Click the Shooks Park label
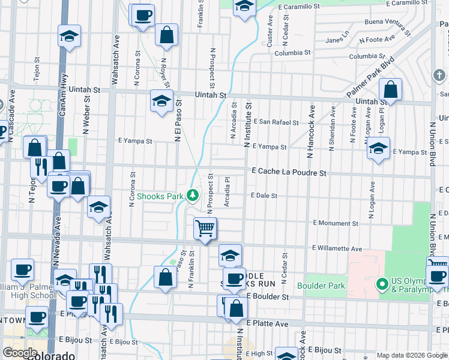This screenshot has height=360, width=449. pyautogui.click(x=160, y=196)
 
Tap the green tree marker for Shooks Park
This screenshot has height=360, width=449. pyautogui.click(x=193, y=195)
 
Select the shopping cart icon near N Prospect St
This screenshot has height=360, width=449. pyautogui.click(x=205, y=229)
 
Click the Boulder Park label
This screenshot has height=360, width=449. pyautogui.click(x=325, y=286)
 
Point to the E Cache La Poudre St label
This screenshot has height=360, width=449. pyautogui.click(x=289, y=172)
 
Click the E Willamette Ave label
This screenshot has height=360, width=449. pyautogui.click(x=337, y=248)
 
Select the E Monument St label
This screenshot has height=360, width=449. pyautogui.click(x=336, y=223)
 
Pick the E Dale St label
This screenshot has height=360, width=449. pyautogui.click(x=264, y=196)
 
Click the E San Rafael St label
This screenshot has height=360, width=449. pyautogui.click(x=276, y=122)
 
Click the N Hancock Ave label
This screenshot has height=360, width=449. pyautogui.click(x=311, y=133)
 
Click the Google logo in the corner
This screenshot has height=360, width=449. pyautogui.click(x=19, y=353)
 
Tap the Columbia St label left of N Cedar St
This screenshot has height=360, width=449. pyautogui.click(x=292, y=53)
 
